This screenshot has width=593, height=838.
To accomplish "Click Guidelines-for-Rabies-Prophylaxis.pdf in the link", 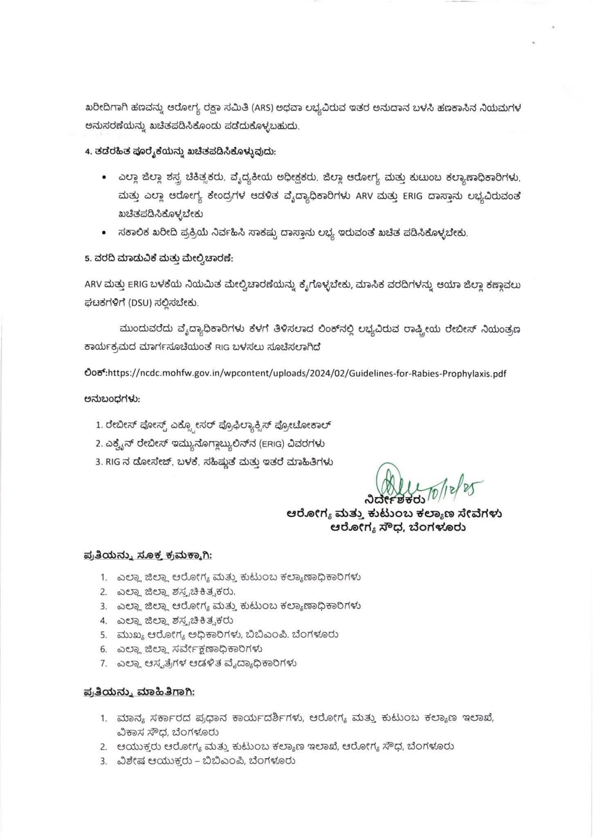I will point(428,374).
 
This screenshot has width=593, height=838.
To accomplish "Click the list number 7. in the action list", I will point(103,663).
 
